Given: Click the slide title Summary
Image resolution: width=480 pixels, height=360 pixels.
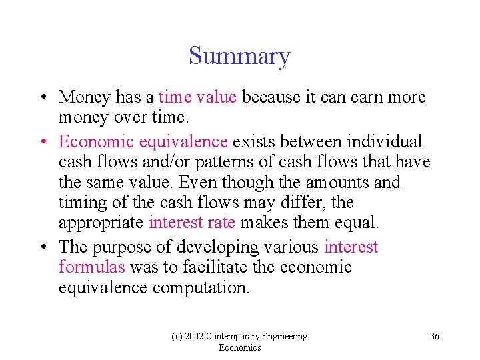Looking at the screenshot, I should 239,56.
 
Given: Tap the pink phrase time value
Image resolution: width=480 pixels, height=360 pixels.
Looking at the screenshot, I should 197,97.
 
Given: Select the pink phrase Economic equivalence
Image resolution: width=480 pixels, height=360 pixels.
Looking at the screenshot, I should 143,142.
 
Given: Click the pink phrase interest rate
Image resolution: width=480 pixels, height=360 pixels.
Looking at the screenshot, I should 192,222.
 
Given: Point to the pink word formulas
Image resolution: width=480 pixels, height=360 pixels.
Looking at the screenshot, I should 92,267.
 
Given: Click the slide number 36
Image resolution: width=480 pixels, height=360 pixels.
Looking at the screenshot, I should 434,336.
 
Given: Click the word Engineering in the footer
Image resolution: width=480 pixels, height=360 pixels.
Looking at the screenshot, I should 285,337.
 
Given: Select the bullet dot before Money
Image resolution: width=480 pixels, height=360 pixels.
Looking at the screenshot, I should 42,98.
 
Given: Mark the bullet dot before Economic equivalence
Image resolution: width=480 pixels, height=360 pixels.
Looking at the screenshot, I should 42,143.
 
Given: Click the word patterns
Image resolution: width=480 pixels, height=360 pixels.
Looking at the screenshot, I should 193,162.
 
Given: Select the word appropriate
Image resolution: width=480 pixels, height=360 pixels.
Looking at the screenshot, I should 101,223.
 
